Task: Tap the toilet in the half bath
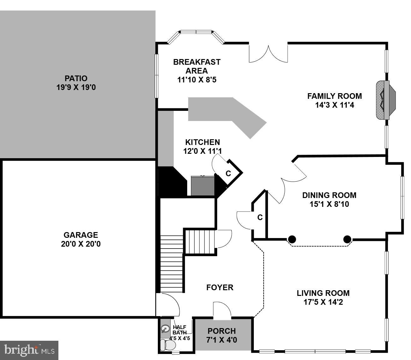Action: coord(165,345)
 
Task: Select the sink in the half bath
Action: coord(165,329)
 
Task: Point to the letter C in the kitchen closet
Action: coord(228,173)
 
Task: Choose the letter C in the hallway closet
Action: coord(260,217)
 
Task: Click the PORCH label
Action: coord(222,331)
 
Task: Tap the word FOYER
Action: coord(220,287)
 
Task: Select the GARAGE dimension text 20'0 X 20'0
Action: coord(81,244)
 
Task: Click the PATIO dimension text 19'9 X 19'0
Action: coord(76,87)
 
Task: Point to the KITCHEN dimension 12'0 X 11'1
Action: coord(202,151)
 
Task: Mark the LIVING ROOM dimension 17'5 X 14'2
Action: coord(323,302)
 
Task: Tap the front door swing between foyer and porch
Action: coord(222,309)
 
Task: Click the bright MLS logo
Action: coord(29,350)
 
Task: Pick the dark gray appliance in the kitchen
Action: coord(203,186)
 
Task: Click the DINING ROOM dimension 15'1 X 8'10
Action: coord(329,204)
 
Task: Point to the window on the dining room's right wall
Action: coord(402,197)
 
